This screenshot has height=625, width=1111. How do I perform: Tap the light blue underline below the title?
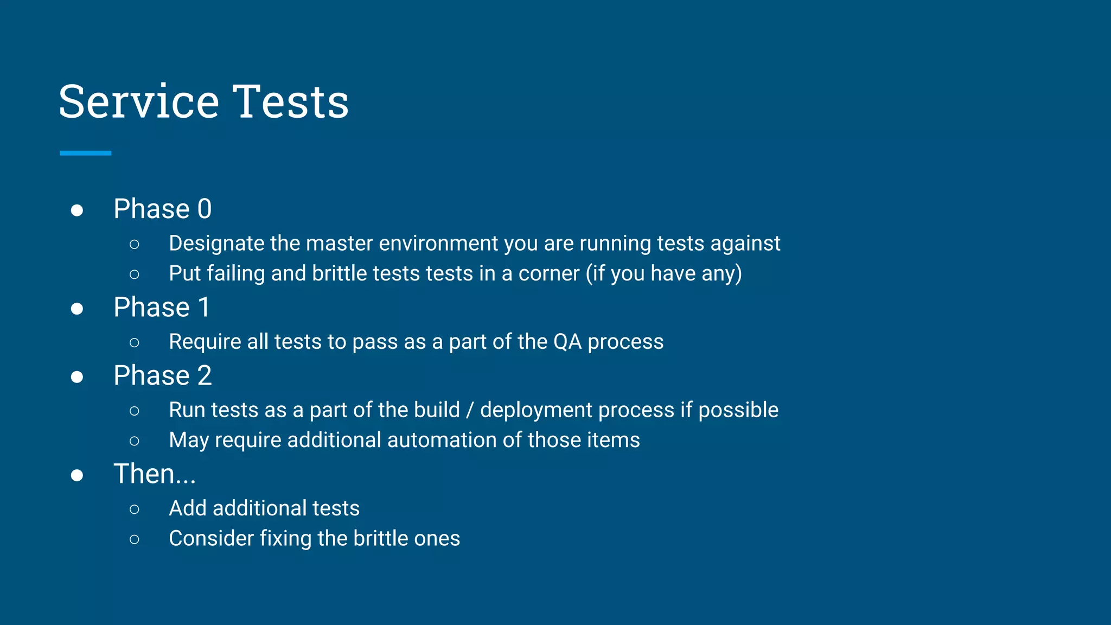[x=86, y=154]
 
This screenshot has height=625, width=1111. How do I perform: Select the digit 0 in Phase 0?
[x=205, y=209]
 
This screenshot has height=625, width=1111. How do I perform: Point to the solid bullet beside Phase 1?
[x=77, y=309]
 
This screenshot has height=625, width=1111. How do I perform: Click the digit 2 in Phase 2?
[x=205, y=375]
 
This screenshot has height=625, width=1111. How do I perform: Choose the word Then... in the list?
[x=155, y=474]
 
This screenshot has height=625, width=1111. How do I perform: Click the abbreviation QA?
[x=567, y=342]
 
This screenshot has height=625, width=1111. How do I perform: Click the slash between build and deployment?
[x=470, y=410]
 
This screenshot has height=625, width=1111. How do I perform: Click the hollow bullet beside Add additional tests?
[x=135, y=509]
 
